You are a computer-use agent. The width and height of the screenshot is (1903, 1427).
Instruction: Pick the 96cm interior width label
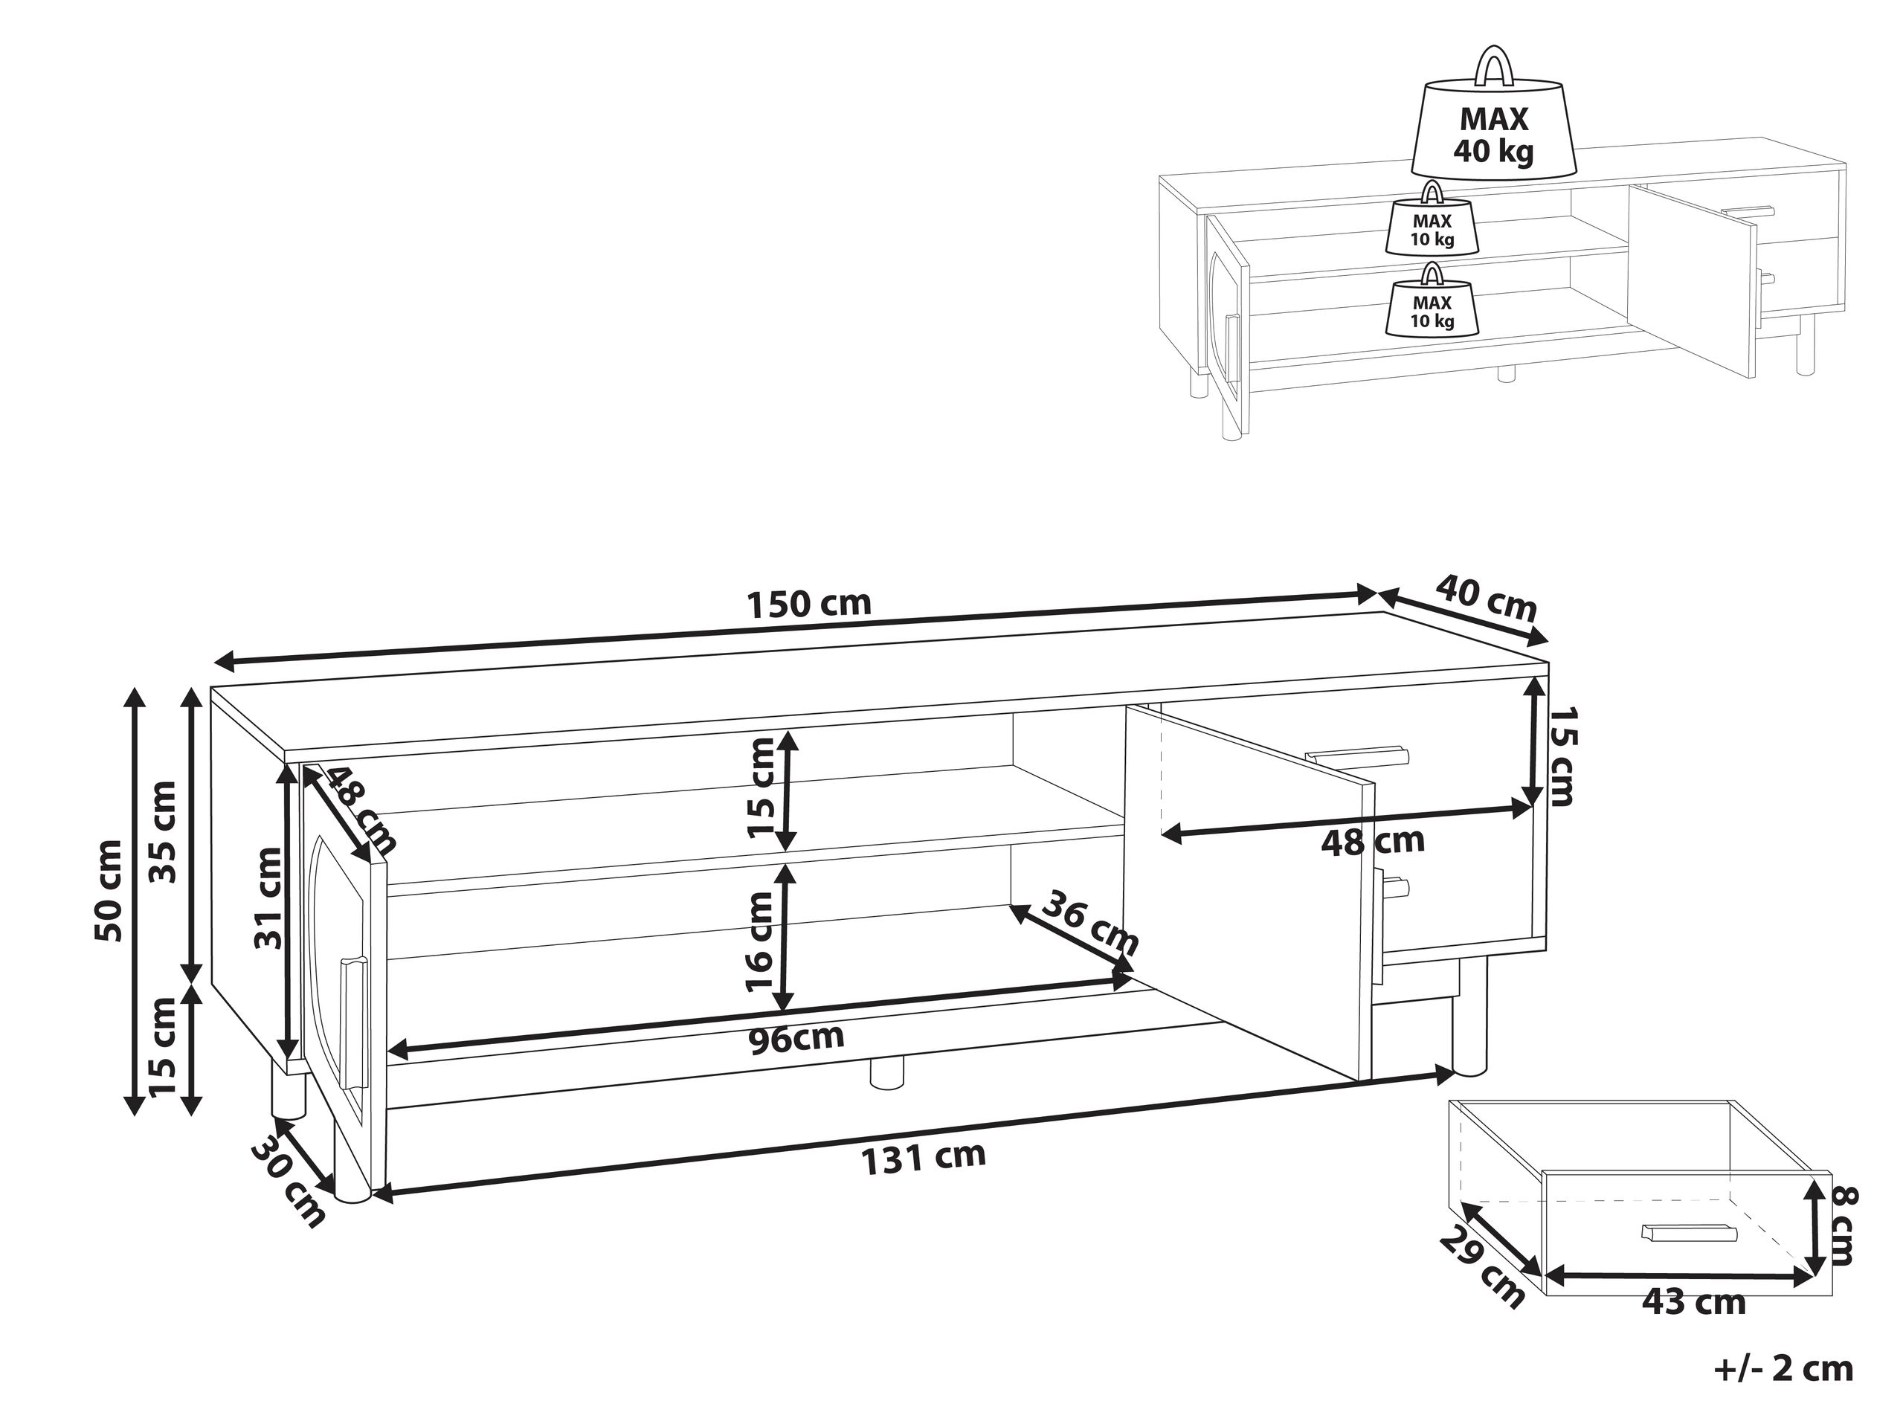[x=796, y=1039]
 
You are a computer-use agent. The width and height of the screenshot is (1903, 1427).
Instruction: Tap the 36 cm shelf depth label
[x=1089, y=924]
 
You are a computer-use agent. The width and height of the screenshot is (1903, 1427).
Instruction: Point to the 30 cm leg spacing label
[x=290, y=1185]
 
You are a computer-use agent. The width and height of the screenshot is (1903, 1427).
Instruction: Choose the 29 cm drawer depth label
[x=1481, y=1266]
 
